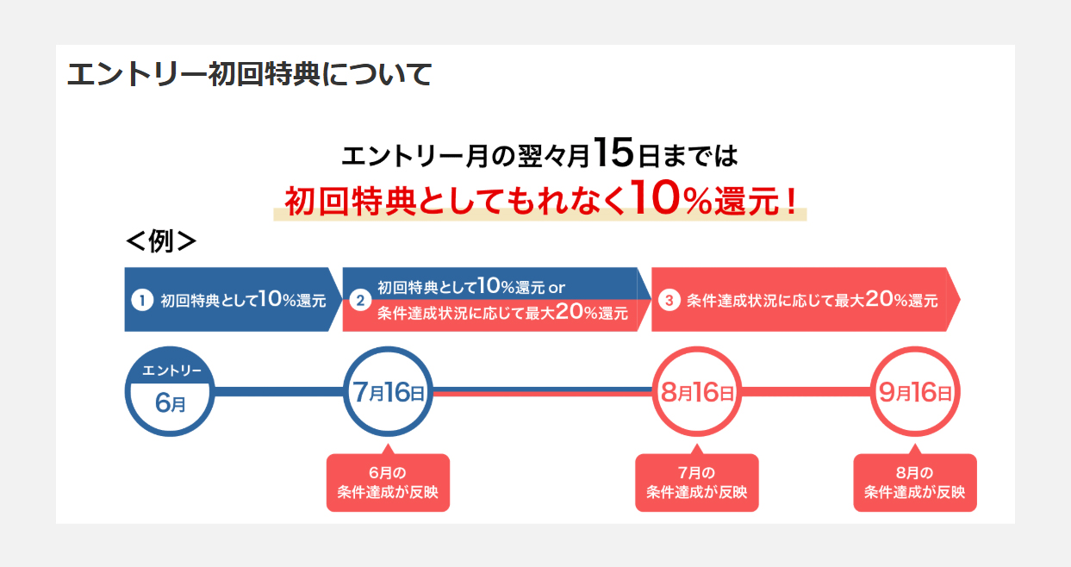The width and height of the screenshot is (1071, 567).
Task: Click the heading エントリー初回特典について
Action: coord(250,75)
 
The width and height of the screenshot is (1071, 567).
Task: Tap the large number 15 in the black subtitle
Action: coord(614,153)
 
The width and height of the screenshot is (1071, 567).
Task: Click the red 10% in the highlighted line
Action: coord(671,197)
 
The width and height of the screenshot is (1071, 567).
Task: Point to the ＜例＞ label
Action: coord(161,241)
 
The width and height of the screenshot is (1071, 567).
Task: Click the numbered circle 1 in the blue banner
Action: coord(142,300)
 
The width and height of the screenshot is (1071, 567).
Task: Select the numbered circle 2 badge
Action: coord(360,300)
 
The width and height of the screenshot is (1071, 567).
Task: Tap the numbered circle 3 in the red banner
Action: coord(669,300)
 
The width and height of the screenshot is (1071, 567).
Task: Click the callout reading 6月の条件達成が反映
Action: coord(388,482)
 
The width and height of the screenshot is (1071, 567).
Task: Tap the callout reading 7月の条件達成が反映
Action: coord(697,482)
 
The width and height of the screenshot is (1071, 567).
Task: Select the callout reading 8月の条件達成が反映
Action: coord(915,482)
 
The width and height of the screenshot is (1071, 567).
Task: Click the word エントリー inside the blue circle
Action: coord(171,371)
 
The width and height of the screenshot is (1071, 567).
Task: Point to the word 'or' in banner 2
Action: coord(557,288)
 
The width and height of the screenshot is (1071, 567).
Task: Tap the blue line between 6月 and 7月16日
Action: coord(279,391)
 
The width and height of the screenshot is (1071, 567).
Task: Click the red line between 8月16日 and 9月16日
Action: coord(806,391)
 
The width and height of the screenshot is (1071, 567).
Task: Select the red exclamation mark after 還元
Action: coord(791,201)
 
